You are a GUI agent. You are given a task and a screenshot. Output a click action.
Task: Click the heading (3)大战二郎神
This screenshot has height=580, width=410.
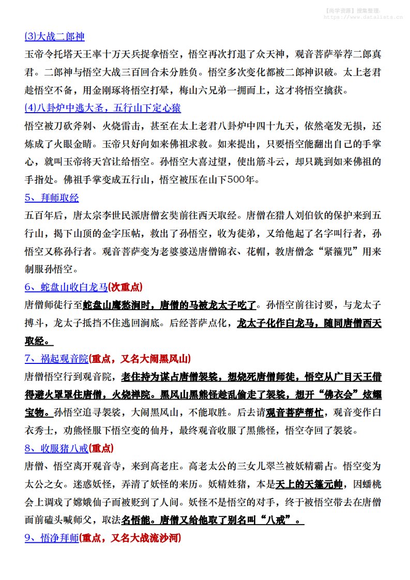coord(54,37)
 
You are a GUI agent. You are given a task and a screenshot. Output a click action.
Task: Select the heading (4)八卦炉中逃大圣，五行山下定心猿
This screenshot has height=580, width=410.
coord(102,108)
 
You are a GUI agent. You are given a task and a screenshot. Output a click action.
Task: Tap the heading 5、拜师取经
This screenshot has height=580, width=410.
coord(51,198)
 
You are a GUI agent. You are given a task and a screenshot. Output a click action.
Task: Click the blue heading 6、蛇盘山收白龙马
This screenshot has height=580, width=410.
coord(66,287)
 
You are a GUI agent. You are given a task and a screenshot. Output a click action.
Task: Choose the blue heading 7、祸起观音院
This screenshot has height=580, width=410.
coord(56,358)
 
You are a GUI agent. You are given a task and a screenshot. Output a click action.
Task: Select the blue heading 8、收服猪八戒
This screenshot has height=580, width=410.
coord(56,448)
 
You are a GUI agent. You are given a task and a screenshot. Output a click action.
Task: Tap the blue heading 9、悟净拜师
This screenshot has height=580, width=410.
coord(51,538)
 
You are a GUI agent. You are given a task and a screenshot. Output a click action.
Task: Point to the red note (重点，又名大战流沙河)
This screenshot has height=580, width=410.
coord(130,538)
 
